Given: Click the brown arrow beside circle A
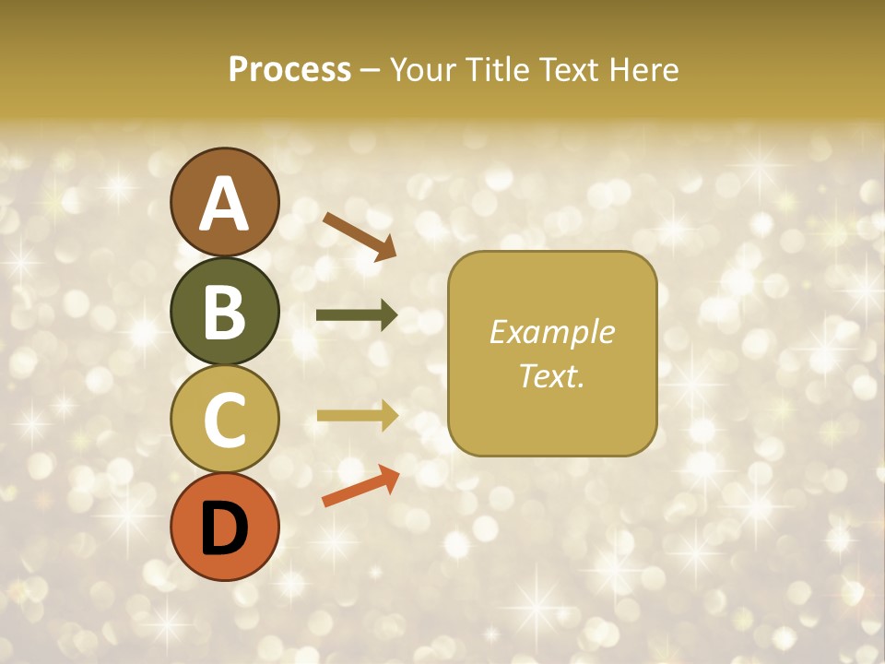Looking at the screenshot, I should (360, 235).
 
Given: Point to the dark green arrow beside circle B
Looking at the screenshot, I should (357, 315).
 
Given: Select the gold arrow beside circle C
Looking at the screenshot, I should (357, 416).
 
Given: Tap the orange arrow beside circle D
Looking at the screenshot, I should (360, 486).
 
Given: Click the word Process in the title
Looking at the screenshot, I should (289, 70).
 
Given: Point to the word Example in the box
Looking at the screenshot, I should (551, 332).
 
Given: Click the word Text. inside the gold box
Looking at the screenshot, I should (551, 375).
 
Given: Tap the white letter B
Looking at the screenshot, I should (224, 313).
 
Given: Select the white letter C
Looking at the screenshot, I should (224, 420).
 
